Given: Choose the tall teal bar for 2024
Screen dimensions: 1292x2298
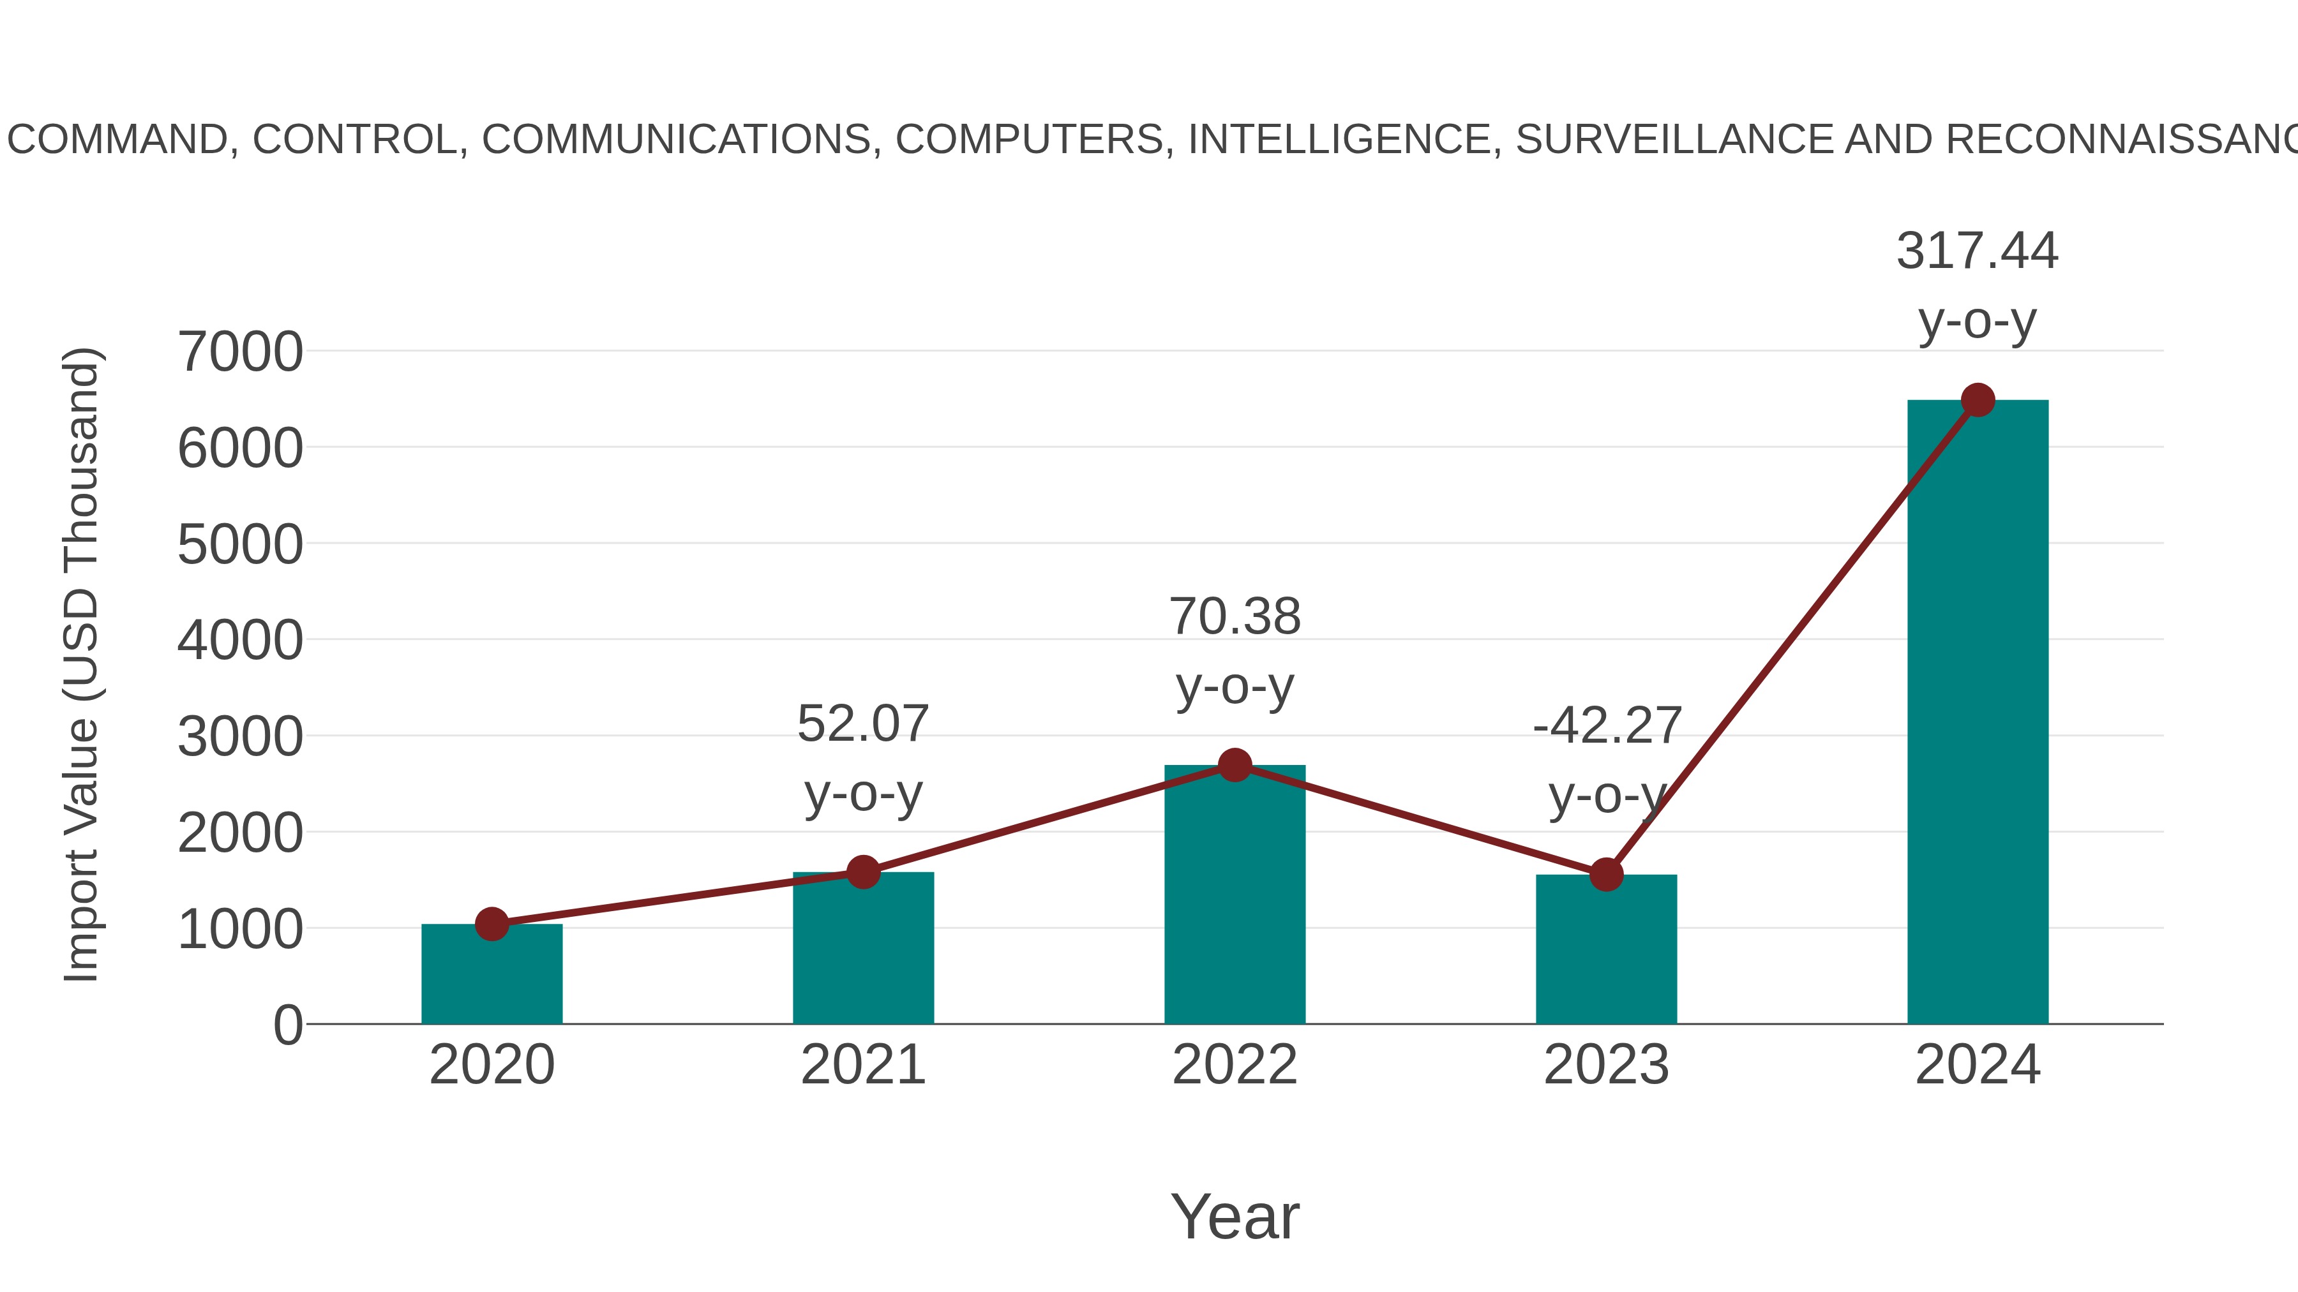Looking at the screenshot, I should coord(1978,713).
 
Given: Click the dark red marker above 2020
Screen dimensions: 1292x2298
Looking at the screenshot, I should coord(492,924).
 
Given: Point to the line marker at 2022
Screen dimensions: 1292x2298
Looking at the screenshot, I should coord(1235,765).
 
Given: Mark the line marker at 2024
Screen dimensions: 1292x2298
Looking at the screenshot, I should coord(1978,400).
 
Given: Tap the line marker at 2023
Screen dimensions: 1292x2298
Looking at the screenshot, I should coord(1606,875).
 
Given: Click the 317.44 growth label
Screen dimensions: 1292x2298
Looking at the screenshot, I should coord(1977,251).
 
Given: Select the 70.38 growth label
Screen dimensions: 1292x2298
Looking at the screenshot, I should coord(1235,617).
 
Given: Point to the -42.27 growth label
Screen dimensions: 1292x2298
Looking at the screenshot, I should coord(1607,726).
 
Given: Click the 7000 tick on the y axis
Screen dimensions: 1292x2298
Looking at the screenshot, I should coord(240,352).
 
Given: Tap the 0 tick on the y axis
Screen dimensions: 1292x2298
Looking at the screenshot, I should coord(287,1025).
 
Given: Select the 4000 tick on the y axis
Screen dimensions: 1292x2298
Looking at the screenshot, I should coord(240,641).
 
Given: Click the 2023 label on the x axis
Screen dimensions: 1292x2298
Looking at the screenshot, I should coord(1606,1066).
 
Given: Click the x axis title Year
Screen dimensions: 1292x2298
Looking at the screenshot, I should coord(1235,1217).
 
